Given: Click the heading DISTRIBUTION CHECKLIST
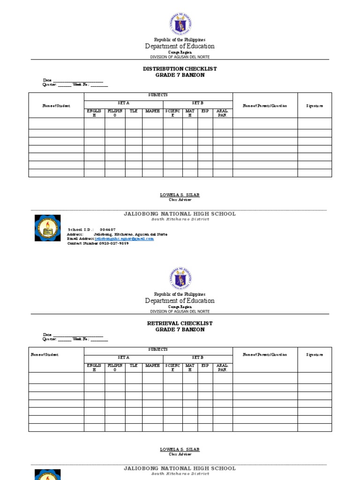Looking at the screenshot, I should click(x=180, y=69).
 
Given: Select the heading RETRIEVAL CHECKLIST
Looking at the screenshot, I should click(x=180, y=323).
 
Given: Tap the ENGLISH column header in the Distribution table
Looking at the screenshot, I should click(x=94, y=113).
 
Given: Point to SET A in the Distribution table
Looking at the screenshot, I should click(x=123, y=103).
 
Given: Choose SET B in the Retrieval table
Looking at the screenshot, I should click(x=197, y=358).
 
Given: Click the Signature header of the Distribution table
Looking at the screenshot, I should click(x=315, y=106).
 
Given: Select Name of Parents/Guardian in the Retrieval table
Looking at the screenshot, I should click(x=265, y=355).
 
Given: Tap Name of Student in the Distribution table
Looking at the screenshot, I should click(x=56, y=106).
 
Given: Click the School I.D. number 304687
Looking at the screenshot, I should click(x=108, y=230).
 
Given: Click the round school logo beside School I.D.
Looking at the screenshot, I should click(x=47, y=228).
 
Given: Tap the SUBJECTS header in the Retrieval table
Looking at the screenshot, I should click(x=158, y=350).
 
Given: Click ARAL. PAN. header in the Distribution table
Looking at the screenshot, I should click(x=223, y=113).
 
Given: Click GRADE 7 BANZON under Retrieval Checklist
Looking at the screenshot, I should click(x=180, y=330).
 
